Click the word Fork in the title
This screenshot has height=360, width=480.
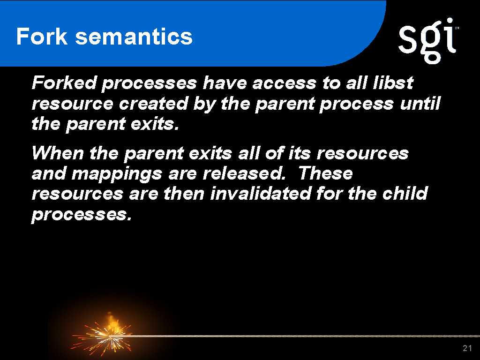click(42, 37)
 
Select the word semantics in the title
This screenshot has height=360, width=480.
click(134, 37)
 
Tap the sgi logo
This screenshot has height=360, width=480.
click(427, 40)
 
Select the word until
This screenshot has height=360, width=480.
click(420, 104)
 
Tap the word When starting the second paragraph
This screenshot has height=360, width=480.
click(58, 153)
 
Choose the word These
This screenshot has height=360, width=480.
click(326, 173)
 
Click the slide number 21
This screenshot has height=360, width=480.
click(467, 348)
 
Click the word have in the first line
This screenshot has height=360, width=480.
click(225, 82)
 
